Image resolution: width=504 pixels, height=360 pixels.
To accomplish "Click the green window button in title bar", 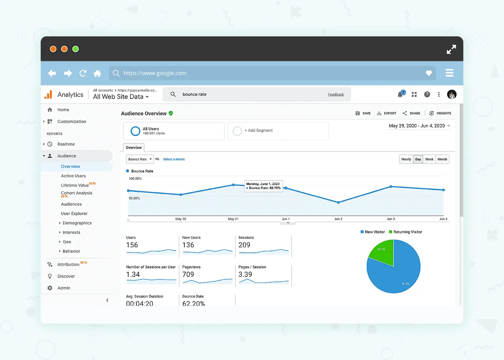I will point(76,49).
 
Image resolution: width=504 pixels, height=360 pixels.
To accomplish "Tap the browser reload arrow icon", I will point(83,73).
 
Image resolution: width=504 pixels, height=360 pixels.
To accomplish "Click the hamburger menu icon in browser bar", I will point(449,73).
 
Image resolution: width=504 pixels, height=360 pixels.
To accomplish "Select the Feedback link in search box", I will point(336,95).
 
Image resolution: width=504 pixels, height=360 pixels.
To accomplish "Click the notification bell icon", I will point(400,95).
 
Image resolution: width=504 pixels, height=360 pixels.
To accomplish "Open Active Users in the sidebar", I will point(73,176).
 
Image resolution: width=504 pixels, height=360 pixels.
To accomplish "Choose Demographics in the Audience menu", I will point(77,223).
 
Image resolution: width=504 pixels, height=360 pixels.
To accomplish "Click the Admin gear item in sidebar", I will point(64,288).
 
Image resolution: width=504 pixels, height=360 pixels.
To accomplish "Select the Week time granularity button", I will point(429,159).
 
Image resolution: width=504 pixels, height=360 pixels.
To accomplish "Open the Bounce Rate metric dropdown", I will point(140,159).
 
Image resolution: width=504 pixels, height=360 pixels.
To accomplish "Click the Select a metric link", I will point(174,159).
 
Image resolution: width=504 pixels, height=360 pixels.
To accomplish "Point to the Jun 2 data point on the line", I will point(338,203).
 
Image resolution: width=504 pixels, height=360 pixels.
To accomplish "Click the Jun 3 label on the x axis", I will point(391,219).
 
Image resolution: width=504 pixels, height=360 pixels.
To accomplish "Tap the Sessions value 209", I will point(244,245).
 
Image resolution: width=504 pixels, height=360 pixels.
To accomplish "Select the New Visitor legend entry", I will point(373,232).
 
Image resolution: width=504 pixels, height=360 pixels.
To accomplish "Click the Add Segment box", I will point(278,131).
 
